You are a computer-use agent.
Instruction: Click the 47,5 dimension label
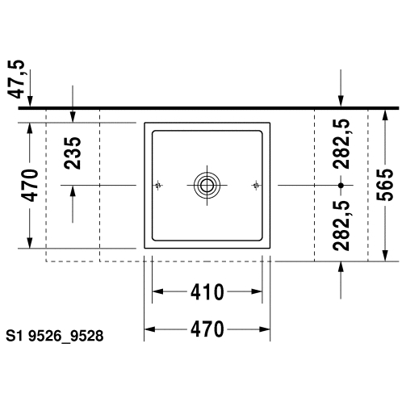16,79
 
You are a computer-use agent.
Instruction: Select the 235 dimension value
73,153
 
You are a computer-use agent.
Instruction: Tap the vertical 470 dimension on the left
30,186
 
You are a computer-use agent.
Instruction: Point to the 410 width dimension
207,291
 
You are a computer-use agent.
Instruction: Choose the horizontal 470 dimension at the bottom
207,329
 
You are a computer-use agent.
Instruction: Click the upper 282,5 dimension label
341,144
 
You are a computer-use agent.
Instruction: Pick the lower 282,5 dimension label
341,226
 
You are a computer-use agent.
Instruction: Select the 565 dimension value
385,185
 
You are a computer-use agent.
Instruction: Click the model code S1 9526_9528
55,336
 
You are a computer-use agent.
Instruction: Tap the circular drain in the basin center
207,186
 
